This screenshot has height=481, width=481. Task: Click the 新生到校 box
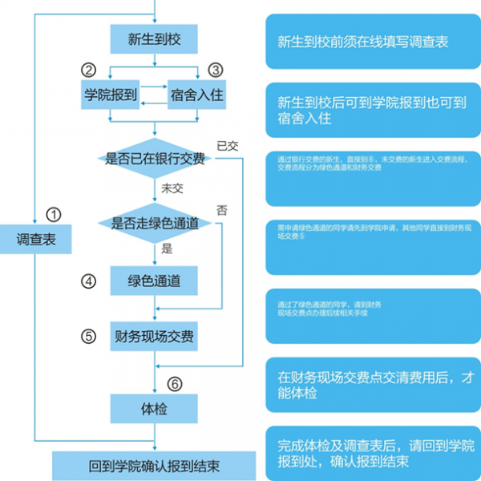tap(153, 38)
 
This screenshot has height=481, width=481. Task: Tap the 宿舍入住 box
tap(196, 95)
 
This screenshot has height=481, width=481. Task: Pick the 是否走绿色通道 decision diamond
tap(154, 223)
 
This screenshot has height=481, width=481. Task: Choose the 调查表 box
tap(37, 239)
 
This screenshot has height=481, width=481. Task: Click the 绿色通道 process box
tap(153, 281)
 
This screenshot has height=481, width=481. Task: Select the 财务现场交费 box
tap(153, 336)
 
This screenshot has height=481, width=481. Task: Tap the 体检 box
tap(153, 409)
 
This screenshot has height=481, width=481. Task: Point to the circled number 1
tap(53, 214)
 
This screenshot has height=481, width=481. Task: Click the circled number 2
tap(88, 71)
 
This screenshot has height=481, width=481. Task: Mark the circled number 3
tap(215, 71)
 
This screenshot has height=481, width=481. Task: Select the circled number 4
tap(88, 281)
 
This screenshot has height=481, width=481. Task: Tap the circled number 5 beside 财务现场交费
tap(88, 336)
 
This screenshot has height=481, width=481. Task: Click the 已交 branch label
tap(227, 146)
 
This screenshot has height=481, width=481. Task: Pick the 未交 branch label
tap(172, 188)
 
